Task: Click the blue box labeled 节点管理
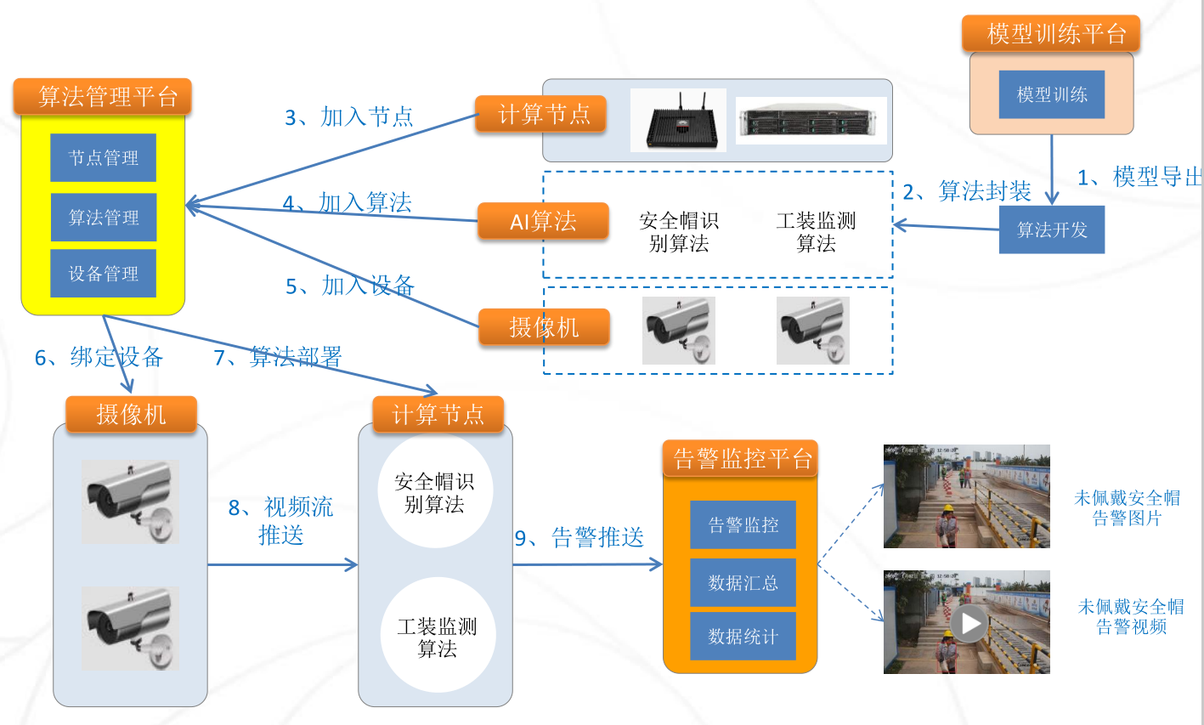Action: [x=103, y=157]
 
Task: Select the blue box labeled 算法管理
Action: [x=103, y=218]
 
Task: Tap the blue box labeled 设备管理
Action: [x=103, y=274]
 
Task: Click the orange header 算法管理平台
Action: [x=103, y=97]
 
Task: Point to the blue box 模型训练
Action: [x=1051, y=94]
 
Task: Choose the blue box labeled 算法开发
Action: [x=1051, y=229]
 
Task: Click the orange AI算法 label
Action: [x=543, y=222]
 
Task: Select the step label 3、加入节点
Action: [x=348, y=116]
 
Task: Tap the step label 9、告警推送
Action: [x=579, y=537]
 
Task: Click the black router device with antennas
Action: [x=679, y=121]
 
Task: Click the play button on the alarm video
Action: [x=968, y=623]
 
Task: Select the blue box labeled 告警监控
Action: [x=743, y=525]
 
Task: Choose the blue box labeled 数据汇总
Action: [x=743, y=582]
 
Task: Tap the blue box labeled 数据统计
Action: [x=743, y=637]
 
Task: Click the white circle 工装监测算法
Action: [x=437, y=637]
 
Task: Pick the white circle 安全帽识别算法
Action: [x=434, y=493]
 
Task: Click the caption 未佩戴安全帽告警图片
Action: [x=1127, y=507]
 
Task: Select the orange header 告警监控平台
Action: [x=741, y=459]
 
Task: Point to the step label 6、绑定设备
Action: [x=99, y=357]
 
